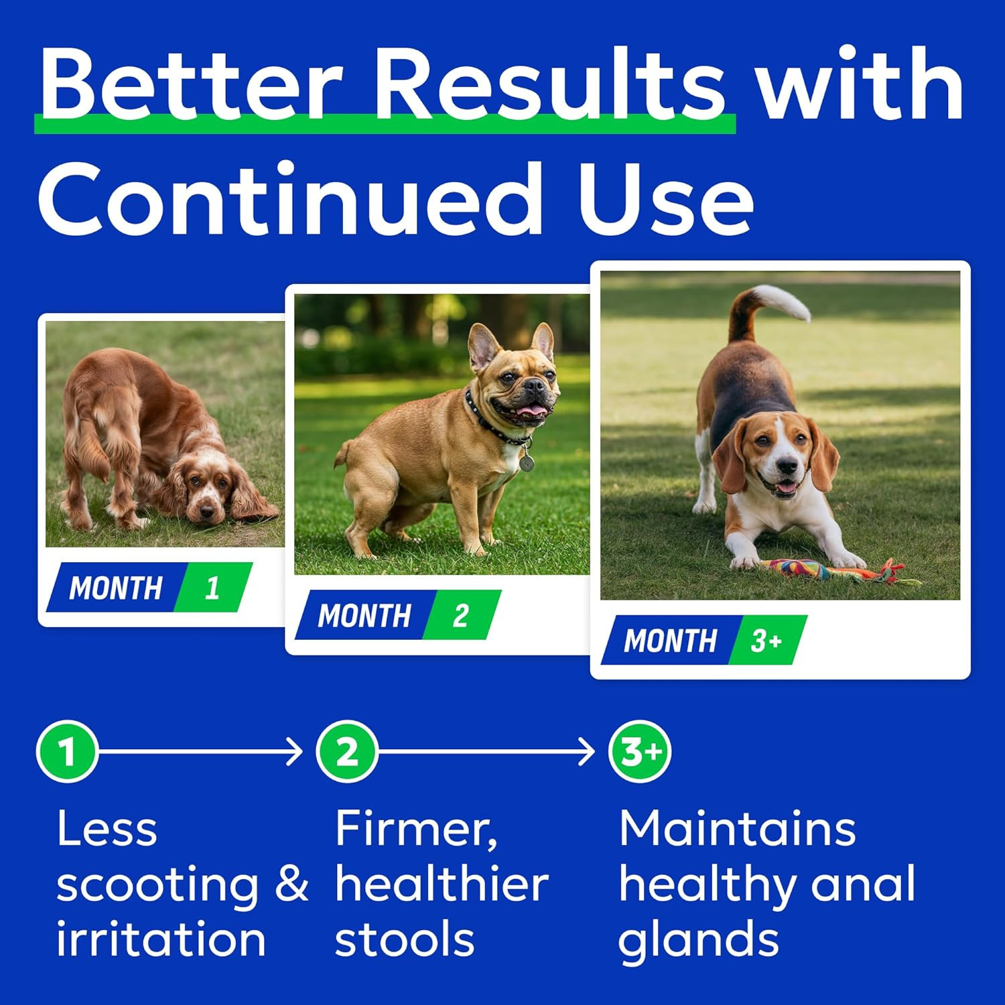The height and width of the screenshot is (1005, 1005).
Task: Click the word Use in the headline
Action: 666,199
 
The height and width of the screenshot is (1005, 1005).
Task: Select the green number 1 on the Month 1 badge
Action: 213,588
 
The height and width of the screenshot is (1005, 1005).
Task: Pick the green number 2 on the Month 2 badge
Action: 461,615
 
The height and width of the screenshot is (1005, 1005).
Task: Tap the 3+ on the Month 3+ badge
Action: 766,641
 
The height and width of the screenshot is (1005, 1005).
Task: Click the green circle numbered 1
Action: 67,751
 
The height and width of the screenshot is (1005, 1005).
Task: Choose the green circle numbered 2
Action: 346,751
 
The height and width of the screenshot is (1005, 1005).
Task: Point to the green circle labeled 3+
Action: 639,751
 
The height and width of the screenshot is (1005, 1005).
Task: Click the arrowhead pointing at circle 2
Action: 296,751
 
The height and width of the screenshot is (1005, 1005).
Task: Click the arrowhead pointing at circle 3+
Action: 588,751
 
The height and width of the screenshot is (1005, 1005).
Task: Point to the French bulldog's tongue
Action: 533,410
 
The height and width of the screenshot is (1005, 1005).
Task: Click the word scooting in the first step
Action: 157,884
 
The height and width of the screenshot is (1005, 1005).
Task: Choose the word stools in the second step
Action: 405,939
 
